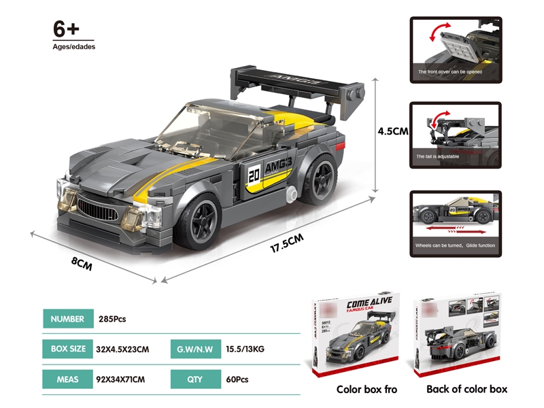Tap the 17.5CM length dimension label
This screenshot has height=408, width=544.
tap(286, 243)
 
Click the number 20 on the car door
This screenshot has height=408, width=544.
tap(254, 173)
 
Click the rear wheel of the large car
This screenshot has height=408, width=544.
tap(321, 179)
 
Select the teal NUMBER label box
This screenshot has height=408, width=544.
tap(67, 319)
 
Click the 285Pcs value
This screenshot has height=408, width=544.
tap(113, 319)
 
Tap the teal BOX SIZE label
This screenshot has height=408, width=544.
tap(67, 349)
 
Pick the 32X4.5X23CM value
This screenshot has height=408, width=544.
tap(124, 350)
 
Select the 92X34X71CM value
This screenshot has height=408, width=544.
tap(124, 378)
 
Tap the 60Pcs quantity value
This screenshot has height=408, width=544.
tap(234, 378)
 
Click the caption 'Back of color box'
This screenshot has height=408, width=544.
tap(466, 389)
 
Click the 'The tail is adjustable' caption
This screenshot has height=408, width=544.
tap(439, 156)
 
